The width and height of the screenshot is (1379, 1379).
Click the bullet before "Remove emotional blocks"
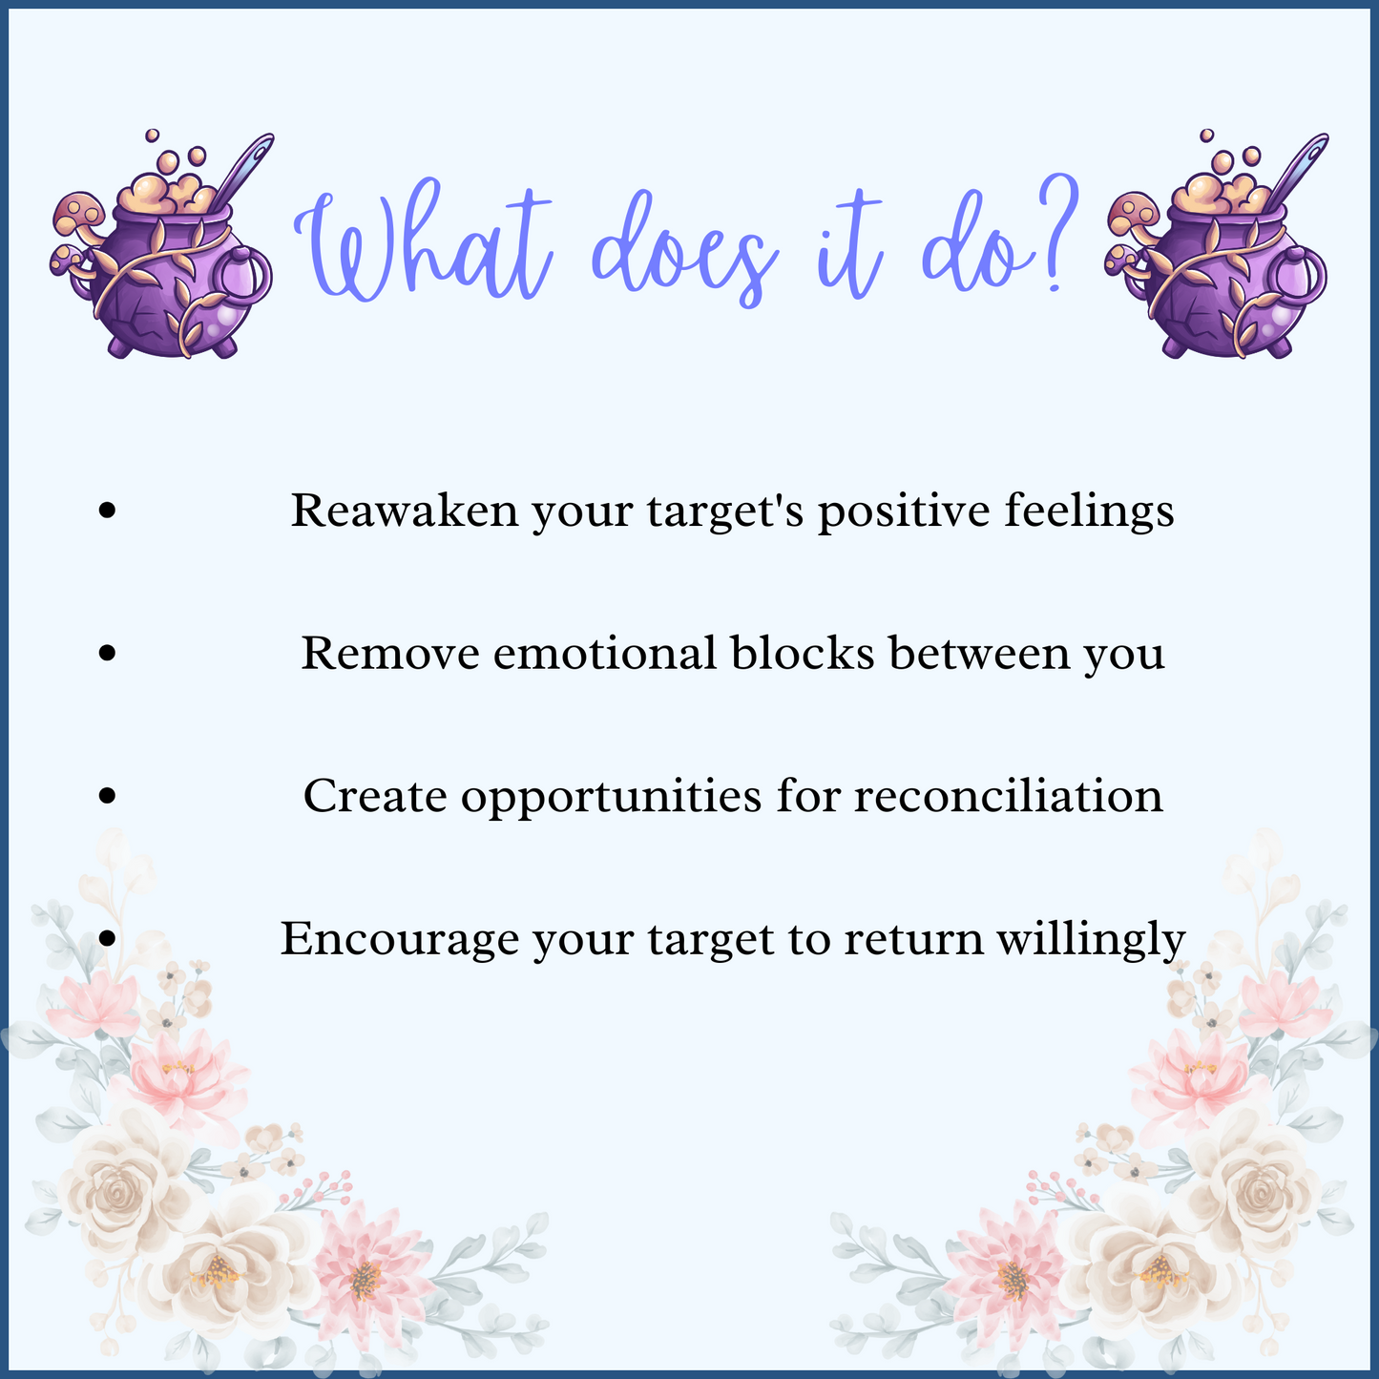[x=108, y=653]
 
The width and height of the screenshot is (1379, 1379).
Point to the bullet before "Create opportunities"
[x=108, y=795]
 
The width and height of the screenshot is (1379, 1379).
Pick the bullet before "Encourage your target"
[x=108, y=938]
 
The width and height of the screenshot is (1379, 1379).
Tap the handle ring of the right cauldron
[x=1302, y=276]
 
